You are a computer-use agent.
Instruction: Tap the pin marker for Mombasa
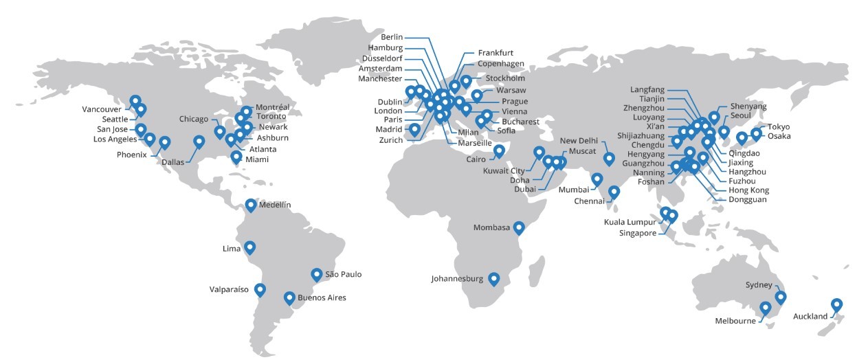519,227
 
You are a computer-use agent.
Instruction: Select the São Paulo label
343,274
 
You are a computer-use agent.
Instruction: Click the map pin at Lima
249,247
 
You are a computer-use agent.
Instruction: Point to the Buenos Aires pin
289,298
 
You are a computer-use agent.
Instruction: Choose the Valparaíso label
228,290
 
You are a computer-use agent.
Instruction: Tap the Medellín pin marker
251,205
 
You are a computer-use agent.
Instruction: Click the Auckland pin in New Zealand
836,304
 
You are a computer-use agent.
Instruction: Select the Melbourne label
735,321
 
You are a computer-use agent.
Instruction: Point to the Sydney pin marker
780,297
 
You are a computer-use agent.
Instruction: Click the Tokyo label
779,126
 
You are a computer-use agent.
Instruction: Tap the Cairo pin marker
499,150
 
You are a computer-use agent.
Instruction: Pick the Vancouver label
102,109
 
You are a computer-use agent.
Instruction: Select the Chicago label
194,119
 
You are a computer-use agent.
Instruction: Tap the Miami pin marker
236,157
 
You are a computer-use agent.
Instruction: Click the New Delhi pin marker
609,159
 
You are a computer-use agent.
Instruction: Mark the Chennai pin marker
614,192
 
